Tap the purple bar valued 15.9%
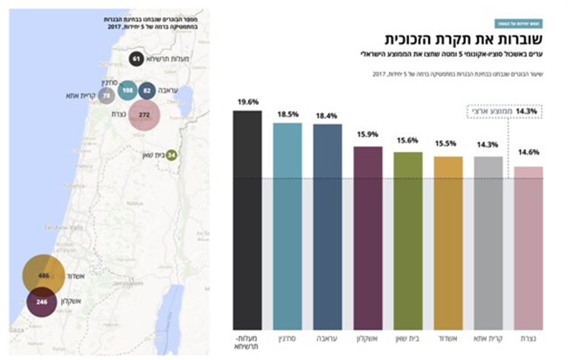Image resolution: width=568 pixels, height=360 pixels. (x=368, y=235)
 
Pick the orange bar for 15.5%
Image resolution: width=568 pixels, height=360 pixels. (x=448, y=240)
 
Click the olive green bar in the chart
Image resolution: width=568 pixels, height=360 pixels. (x=408, y=238)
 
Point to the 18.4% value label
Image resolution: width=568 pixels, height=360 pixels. (x=328, y=114)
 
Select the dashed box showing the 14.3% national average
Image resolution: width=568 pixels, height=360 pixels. (x=502, y=112)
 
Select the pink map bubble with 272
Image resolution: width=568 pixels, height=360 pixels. (x=145, y=114)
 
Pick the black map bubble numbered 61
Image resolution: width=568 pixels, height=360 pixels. (x=135, y=59)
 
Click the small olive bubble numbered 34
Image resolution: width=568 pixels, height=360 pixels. (x=171, y=156)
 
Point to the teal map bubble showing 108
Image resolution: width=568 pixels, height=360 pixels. (x=128, y=91)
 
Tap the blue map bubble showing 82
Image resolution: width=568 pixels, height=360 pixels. (x=147, y=90)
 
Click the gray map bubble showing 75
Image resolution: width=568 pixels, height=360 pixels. (x=107, y=95)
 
